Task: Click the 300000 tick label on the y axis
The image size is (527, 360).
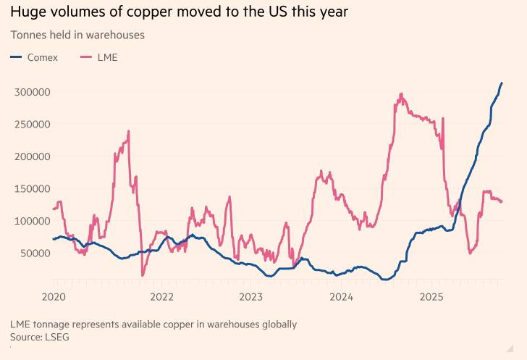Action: [x=30, y=92]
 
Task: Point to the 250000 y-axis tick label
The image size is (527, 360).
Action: [x=30, y=124]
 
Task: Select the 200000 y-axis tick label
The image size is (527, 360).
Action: [x=30, y=156]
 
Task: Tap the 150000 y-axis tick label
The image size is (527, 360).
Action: [x=30, y=188]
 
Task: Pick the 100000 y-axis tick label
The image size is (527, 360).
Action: [x=30, y=221]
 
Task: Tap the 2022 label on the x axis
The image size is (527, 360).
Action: [x=161, y=297]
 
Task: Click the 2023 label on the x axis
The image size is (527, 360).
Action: [x=251, y=297]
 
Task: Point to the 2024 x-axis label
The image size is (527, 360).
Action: [x=341, y=297]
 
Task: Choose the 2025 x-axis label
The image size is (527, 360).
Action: [x=431, y=297]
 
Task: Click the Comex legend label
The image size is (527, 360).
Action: [x=43, y=57]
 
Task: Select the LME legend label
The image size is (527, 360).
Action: [x=107, y=57]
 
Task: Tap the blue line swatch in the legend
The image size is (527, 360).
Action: [x=16, y=57]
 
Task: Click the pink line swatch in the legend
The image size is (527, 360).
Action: [x=85, y=57]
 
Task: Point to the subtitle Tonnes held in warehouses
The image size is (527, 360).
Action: [x=77, y=35]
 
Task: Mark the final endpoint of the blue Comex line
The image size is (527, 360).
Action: [x=502, y=83]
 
